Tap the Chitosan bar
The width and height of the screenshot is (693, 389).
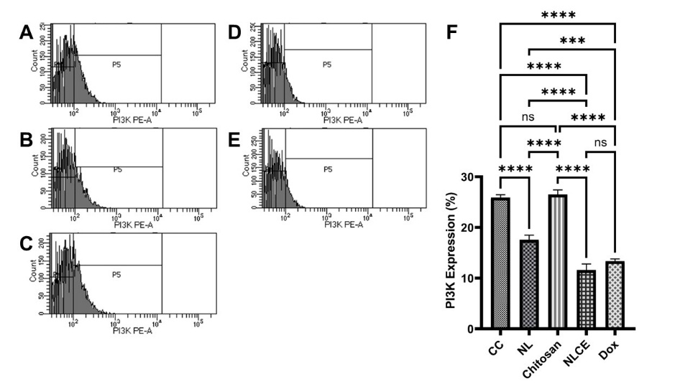click(558, 262)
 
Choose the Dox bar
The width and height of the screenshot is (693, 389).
click(615, 295)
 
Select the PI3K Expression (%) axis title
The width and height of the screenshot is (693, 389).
click(450, 253)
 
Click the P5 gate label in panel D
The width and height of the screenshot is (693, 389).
click(327, 65)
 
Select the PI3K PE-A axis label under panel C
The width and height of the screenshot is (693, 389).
click(132, 331)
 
